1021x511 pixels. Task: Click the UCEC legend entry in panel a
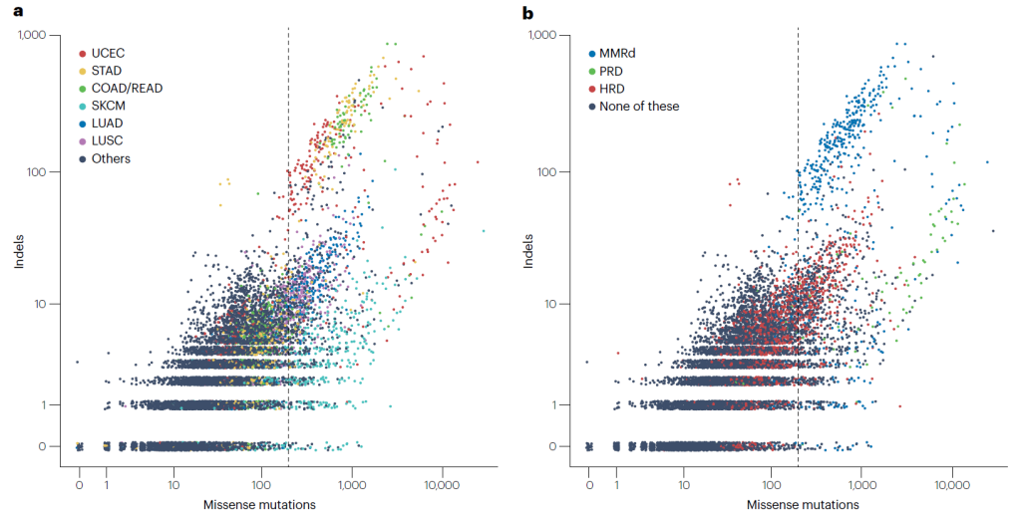108,52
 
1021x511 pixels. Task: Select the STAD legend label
107,70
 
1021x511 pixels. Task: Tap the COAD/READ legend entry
127,88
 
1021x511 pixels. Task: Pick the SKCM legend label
109,106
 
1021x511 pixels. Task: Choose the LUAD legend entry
108,123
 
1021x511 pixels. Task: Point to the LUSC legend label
108,140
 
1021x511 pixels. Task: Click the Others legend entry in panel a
111,158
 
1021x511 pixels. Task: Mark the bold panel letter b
528,12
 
